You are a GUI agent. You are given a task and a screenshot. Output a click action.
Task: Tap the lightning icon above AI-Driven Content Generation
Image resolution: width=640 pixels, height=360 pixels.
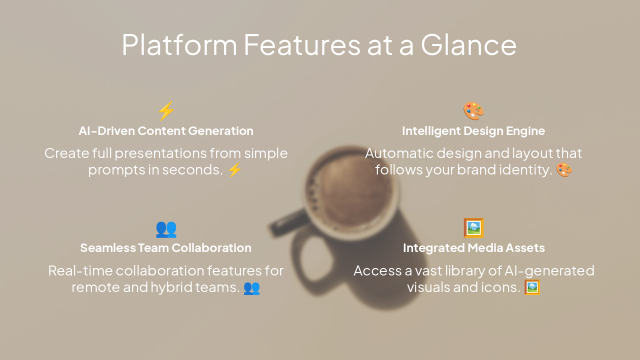(166, 110)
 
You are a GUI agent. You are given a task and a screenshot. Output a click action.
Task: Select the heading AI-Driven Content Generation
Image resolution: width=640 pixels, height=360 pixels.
(166, 131)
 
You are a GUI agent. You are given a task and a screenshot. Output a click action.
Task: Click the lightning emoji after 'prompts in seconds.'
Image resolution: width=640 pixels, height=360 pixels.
(234, 170)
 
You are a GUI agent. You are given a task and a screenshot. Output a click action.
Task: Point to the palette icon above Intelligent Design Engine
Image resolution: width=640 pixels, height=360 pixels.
(473, 110)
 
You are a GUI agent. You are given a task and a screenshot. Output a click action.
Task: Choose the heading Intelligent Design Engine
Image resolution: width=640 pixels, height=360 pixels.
(473, 131)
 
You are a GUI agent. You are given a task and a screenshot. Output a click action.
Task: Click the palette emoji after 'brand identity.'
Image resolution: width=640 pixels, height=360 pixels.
(564, 170)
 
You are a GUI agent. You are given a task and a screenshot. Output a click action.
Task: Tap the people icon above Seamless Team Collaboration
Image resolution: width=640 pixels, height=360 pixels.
(166, 228)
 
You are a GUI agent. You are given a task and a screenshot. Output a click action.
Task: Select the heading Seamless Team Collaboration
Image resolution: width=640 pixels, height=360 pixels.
(166, 248)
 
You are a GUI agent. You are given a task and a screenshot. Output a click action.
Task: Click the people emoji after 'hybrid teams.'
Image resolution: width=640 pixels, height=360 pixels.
(251, 287)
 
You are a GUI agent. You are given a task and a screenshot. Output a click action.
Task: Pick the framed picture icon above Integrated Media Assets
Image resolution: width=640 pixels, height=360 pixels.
(473, 228)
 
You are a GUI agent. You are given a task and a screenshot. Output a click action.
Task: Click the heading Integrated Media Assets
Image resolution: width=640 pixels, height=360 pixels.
(473, 248)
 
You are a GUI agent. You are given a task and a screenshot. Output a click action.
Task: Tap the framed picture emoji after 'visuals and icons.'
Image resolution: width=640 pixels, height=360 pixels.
(532, 287)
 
